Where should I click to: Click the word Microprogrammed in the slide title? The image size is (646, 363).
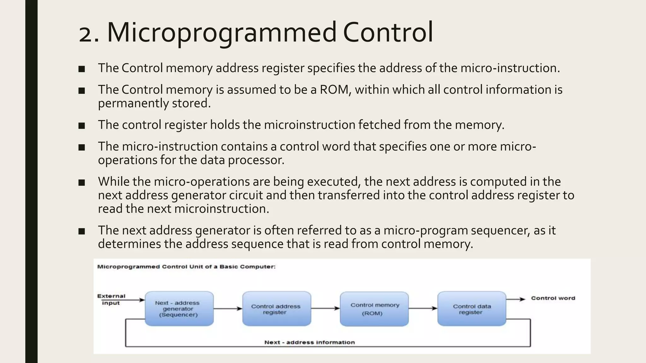coord(222,32)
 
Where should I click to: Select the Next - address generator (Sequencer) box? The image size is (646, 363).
coord(179,308)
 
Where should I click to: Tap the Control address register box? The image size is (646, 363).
coord(277,309)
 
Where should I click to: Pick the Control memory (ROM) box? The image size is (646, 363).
coord(374,309)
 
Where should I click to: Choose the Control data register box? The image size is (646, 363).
coord(472,309)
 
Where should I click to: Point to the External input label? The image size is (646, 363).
coord(111,299)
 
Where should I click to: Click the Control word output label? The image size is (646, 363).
coord(553,298)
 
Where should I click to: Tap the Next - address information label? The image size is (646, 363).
coord(309,342)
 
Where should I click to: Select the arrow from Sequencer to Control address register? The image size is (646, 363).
coord(228,309)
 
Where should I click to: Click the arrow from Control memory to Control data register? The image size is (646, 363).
coord(423,308)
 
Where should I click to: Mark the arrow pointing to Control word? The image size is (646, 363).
coord(515,299)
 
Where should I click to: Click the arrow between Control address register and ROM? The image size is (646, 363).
coord(325,308)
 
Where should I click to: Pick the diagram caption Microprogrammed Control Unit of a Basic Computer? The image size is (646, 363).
coord(186,267)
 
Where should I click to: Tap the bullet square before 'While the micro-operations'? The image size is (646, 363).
coord(82,182)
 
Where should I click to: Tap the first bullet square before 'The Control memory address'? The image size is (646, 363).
coord(82,69)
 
